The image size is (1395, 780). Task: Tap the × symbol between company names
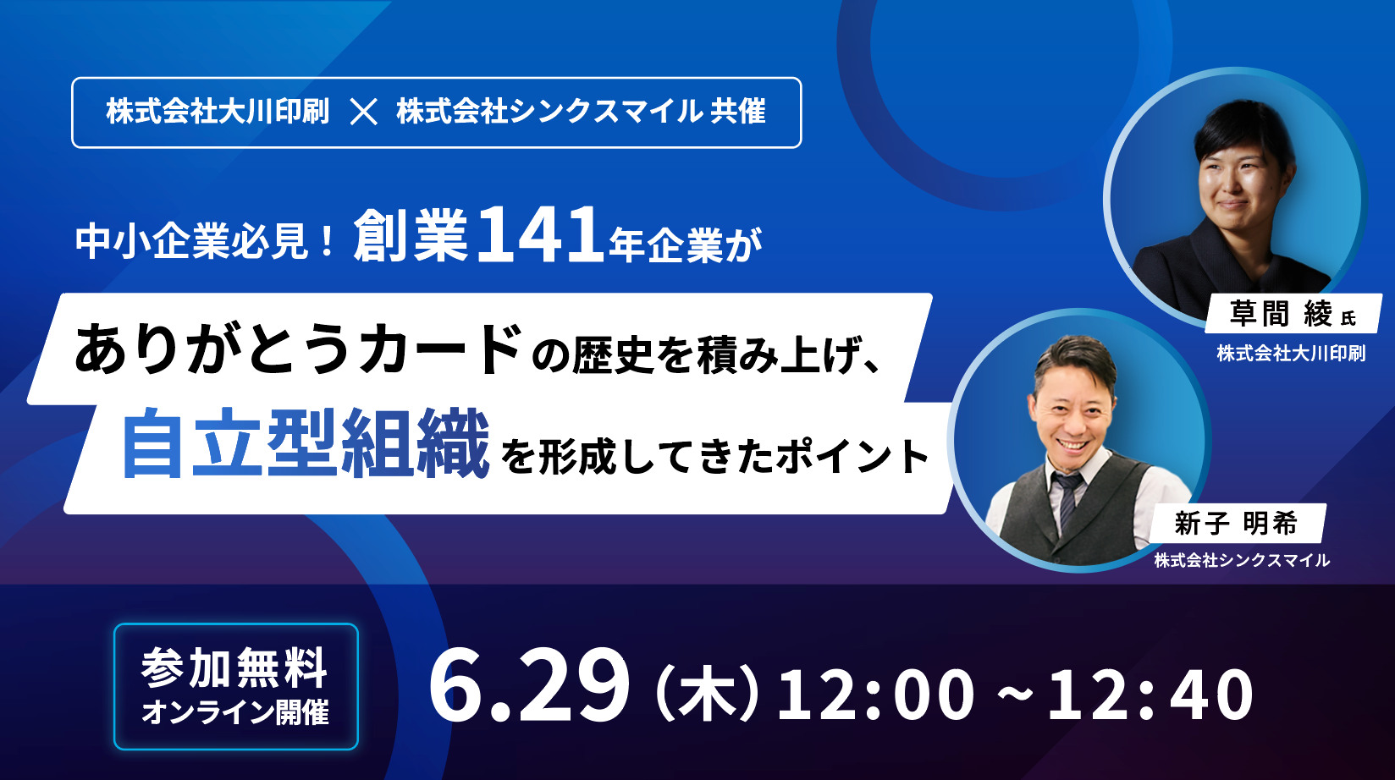coord(364,113)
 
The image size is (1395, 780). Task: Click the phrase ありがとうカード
coord(298,349)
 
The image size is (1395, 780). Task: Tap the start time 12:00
coord(874,694)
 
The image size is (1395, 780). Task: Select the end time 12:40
coord(1151,694)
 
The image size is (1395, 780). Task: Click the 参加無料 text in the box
coord(234,667)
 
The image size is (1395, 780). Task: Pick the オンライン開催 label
coord(234,712)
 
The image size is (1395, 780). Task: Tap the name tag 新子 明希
coord(1236,523)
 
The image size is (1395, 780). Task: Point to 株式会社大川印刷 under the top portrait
coord(1291,354)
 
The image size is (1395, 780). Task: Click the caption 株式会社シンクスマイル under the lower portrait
coord(1242,560)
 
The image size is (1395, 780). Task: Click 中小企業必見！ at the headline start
coord(206,242)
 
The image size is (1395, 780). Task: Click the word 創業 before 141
coord(411,235)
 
